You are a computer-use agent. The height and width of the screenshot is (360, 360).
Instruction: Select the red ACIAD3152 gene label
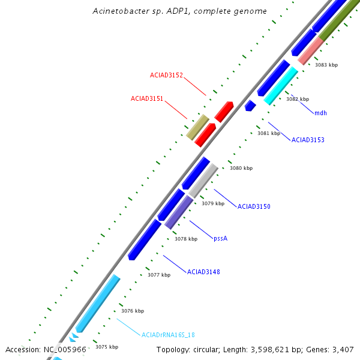166,76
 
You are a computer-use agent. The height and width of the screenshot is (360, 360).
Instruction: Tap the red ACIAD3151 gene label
147,98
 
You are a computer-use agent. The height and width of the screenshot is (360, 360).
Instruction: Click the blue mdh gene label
320,112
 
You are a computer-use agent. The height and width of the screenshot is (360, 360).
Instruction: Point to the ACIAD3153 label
308,140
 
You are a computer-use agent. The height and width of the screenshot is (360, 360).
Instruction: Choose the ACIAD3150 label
254,206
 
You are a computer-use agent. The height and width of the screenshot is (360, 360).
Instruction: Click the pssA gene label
221,238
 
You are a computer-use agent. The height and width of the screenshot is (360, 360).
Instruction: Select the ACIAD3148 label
203,272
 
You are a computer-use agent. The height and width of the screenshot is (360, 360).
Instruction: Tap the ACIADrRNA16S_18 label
168,335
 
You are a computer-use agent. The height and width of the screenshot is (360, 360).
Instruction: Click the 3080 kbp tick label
241,169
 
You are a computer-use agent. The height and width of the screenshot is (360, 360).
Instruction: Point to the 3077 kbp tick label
159,275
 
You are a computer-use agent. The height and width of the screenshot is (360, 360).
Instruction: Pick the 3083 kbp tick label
326,65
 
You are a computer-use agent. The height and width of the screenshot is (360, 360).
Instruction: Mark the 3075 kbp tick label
107,347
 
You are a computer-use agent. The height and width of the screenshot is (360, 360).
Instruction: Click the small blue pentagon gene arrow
250,106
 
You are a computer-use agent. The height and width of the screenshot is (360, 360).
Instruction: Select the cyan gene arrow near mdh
281,85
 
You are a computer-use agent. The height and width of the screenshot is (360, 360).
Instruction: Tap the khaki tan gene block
197,127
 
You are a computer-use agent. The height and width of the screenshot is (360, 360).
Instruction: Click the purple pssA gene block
179,212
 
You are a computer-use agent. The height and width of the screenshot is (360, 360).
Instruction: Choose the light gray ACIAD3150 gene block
203,181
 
